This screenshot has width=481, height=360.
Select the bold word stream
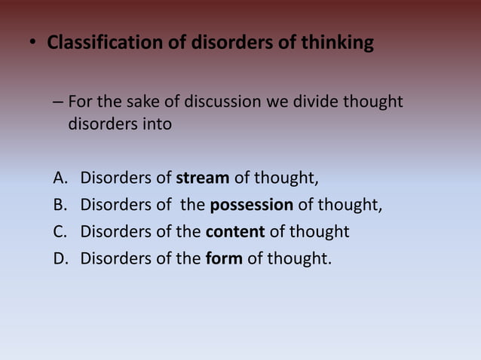pyautogui.click(x=203, y=178)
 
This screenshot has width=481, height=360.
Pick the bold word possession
pyautogui.click(x=251, y=205)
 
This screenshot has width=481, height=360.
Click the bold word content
pyautogui.click(x=234, y=231)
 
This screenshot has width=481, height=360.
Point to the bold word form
pyautogui.click(x=224, y=258)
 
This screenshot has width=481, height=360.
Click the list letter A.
pyautogui.click(x=60, y=178)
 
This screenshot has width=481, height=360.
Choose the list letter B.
pyautogui.click(x=60, y=205)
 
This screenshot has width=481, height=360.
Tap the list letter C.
pyautogui.click(x=60, y=231)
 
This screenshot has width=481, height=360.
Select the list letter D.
pyautogui.click(x=60, y=258)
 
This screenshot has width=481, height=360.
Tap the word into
pyautogui.click(x=156, y=124)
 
